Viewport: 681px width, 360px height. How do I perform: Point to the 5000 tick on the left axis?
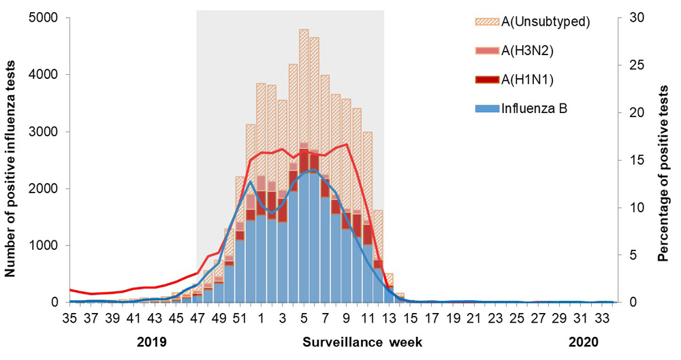46,18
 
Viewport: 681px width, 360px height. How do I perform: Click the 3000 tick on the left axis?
46,131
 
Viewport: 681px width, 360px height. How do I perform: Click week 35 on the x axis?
70,317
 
